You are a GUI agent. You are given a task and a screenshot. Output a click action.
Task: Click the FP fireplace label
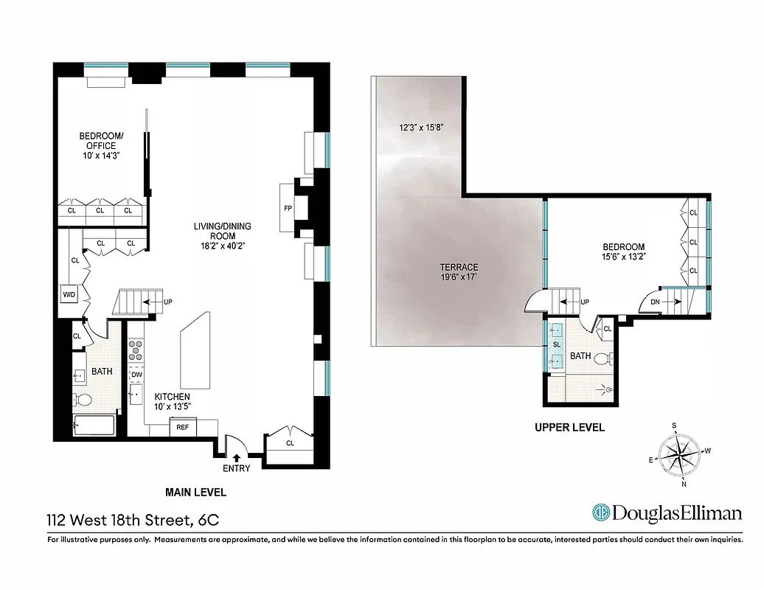[x=288, y=208]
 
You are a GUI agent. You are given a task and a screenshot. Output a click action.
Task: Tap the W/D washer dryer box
[x=69, y=295]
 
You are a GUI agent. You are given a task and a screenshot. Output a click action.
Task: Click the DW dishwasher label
[x=136, y=375]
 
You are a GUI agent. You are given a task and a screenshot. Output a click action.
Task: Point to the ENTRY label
[x=236, y=468]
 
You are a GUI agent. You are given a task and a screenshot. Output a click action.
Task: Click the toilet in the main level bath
[x=83, y=400]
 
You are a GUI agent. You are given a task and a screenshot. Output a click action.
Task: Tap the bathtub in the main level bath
[x=94, y=426]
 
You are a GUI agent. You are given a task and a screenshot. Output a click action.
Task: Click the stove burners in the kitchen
[x=136, y=351]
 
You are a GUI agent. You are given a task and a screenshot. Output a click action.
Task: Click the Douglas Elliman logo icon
[x=602, y=513]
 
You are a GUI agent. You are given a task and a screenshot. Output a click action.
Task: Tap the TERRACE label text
[x=460, y=267]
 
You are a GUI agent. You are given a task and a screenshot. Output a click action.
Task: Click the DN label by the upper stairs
[x=653, y=301]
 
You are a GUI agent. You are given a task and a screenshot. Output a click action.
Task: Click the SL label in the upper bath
[x=556, y=344]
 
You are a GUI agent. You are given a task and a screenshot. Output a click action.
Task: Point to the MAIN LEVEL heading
[x=197, y=492]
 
